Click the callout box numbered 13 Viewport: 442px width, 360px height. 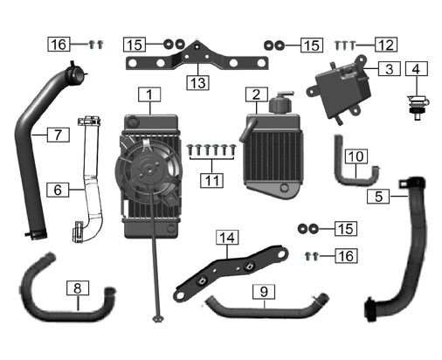click(197, 83)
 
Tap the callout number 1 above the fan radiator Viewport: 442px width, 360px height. click(149, 94)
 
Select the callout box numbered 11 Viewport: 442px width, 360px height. click(212, 180)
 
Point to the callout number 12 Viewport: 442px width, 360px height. click(386, 45)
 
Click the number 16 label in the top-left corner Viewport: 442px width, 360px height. click(59, 45)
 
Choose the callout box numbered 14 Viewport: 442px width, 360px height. click(227, 238)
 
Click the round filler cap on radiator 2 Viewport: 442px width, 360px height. click(280, 102)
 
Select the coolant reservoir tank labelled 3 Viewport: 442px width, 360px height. click(339, 89)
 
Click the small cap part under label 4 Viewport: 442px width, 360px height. click(417, 107)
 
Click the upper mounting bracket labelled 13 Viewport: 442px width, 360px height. click(197, 59)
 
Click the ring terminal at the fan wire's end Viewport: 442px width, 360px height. click(158, 318)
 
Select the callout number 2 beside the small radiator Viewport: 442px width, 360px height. click(257, 94)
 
